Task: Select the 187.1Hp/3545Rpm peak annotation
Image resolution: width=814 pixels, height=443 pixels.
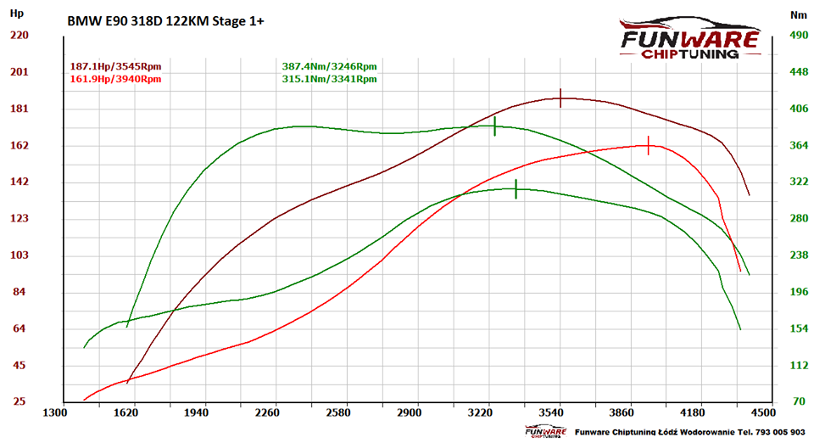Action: click(x=115, y=66)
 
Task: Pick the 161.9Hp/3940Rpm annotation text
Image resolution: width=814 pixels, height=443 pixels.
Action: click(x=115, y=79)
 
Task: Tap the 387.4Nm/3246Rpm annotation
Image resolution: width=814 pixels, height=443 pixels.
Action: click(x=329, y=66)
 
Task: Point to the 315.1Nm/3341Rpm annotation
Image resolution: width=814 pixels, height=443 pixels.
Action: click(x=329, y=79)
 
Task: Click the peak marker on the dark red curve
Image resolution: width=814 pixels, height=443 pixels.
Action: click(x=560, y=98)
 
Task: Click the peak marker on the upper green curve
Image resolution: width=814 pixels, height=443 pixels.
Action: click(x=494, y=126)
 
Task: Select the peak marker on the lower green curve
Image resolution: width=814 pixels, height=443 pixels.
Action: click(x=516, y=189)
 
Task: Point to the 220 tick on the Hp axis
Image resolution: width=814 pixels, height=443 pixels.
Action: click(x=19, y=35)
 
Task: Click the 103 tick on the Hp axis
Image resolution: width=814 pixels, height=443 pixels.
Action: click(x=19, y=255)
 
